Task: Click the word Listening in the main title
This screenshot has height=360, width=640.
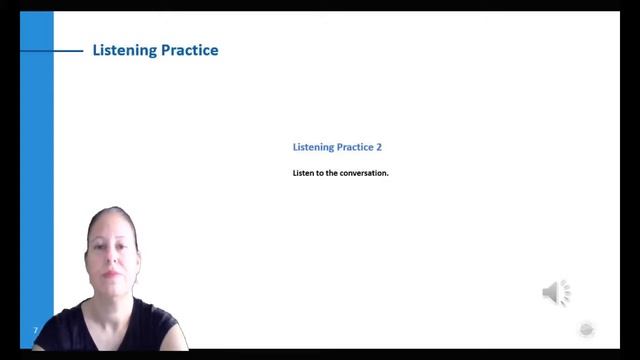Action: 124,51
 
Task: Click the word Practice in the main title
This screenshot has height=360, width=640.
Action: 190,50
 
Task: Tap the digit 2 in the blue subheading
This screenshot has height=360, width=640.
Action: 379,147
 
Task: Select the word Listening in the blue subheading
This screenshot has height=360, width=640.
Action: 313,147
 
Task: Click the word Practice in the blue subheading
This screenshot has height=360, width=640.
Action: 356,147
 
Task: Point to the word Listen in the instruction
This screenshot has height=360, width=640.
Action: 303,173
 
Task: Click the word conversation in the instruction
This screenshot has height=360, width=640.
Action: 364,173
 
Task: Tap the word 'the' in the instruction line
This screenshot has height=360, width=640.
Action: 331,173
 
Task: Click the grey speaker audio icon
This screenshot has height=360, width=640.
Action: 556,293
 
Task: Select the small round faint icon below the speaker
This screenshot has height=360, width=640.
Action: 587,329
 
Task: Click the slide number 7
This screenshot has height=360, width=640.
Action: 36,330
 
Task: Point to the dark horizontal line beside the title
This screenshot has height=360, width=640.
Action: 52,51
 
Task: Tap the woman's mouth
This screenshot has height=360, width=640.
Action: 110,274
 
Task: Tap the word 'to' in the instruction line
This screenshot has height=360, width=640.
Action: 320,173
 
